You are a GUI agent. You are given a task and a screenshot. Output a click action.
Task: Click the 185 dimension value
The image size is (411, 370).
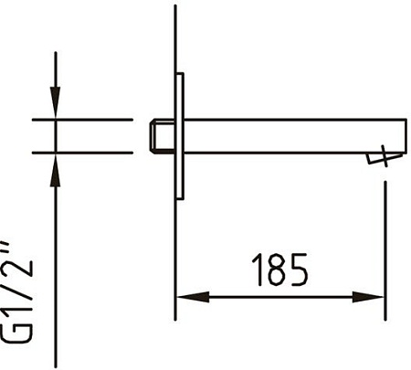point(279,270)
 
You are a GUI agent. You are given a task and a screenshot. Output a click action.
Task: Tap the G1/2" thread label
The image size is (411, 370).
point(17,292)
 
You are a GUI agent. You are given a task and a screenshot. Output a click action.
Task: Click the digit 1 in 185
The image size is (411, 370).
point(258,270)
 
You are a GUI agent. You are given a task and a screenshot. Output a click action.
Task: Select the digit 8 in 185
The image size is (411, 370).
point(278,270)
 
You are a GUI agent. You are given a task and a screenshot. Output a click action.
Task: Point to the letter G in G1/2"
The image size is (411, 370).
point(17,332)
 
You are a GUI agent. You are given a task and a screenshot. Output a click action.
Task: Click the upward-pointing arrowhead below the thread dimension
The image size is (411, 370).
point(55,170)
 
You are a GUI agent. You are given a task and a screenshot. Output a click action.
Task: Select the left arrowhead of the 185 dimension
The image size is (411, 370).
point(193,297)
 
